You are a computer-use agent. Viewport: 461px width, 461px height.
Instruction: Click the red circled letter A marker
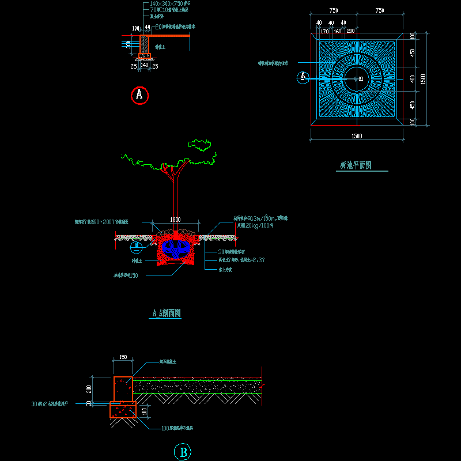click(139, 95)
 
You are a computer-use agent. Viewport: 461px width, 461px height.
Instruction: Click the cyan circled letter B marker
click(183, 452)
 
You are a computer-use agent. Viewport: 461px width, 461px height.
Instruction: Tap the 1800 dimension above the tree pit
click(175, 220)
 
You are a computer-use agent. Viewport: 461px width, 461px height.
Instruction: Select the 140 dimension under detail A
click(145, 66)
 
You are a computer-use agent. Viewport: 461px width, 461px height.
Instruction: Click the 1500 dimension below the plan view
click(356, 136)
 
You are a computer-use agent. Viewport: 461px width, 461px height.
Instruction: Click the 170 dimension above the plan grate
click(324, 31)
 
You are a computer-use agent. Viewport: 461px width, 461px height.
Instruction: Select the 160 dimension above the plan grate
click(337, 31)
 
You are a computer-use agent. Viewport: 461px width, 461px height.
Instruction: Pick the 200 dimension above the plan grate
click(350, 31)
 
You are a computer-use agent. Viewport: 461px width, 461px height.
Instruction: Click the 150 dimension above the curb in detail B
click(123, 357)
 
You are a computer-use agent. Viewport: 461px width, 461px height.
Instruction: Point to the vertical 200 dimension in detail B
click(104, 389)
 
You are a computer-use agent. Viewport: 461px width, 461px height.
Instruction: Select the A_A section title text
click(167, 313)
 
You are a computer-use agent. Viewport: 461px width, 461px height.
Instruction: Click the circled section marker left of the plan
click(303, 77)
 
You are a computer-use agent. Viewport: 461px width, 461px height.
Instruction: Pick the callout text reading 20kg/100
click(255, 225)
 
